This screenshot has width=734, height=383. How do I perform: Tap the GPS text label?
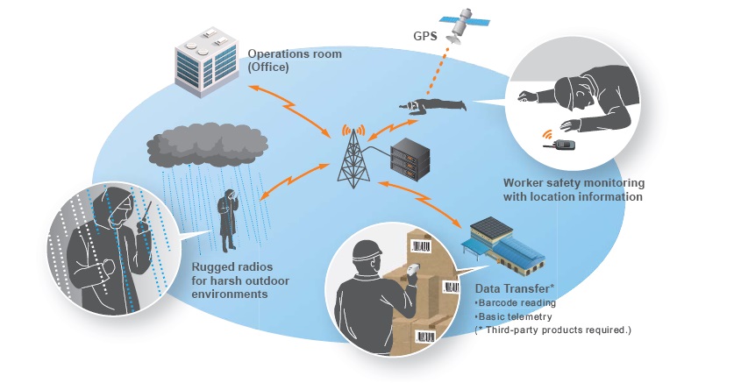(x=424, y=37)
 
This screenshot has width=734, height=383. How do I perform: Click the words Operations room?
(x=295, y=54)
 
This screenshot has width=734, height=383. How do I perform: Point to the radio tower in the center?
(x=353, y=157)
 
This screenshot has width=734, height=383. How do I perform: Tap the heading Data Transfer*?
(x=514, y=288)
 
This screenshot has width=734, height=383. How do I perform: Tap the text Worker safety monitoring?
(x=574, y=183)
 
